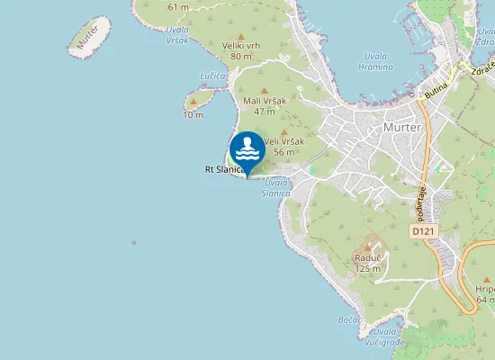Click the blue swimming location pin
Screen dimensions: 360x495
[x=247, y=149]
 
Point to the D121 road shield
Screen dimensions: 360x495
[x=423, y=231]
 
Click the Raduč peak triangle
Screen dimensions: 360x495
[x=367, y=247]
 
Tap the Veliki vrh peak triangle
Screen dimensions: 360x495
[x=241, y=37]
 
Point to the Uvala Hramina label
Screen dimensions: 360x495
[x=375, y=61]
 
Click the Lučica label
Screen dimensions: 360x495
[x=213, y=76]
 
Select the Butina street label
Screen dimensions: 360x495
[x=437, y=88]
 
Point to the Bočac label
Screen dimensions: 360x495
[x=351, y=319]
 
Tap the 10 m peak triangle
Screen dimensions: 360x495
[x=193, y=103]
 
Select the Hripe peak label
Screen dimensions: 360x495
[x=485, y=289]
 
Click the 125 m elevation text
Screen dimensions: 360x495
[x=367, y=267]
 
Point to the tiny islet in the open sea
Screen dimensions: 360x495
[x=133, y=242]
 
